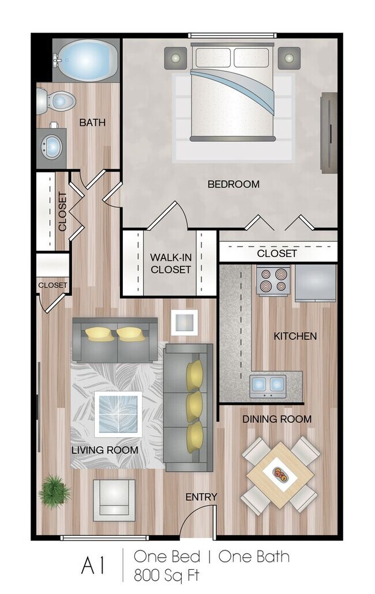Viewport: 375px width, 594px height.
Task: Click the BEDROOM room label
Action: [233, 184]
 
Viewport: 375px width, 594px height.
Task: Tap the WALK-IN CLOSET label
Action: [170, 263]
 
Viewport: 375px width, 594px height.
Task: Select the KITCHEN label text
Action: [295, 336]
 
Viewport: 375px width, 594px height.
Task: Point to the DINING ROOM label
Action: [276, 419]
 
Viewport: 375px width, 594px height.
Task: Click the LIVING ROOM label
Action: [104, 450]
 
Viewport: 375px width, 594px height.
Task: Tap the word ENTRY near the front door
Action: [201, 497]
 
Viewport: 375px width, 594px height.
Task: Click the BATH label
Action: [92, 123]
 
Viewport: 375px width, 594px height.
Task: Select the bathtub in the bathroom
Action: [87, 60]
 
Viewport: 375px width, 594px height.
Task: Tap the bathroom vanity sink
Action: [52, 146]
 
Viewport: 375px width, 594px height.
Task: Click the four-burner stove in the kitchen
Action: [273, 280]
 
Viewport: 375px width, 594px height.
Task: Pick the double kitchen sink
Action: [268, 383]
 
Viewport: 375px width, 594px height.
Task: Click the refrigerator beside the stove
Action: [315, 282]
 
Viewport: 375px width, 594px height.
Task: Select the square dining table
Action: [280, 475]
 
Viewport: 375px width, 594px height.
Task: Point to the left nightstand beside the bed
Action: [175, 58]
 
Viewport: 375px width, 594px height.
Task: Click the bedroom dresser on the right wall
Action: [328, 132]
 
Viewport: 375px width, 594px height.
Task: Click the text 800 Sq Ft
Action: [167, 575]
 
